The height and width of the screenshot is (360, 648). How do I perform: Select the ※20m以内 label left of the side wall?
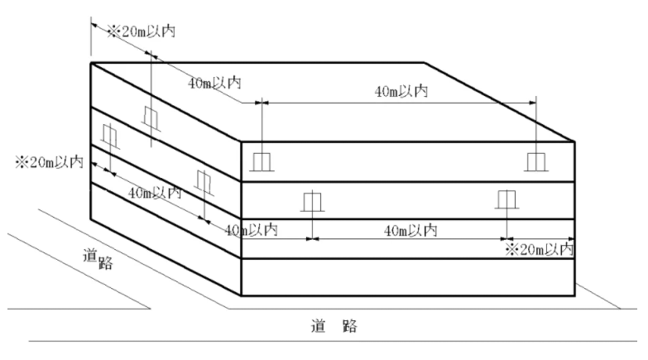coord(47,162)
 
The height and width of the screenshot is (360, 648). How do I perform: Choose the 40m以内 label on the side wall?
coord(155,193)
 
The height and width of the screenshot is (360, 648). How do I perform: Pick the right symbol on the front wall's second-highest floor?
coord(506,199)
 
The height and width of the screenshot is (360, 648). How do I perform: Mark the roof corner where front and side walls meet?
coord(241,142)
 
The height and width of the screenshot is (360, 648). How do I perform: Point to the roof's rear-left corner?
coord(90,62)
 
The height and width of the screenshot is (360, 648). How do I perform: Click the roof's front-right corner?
coord(574,142)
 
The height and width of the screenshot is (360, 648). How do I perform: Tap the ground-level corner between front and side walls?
coord(241,295)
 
